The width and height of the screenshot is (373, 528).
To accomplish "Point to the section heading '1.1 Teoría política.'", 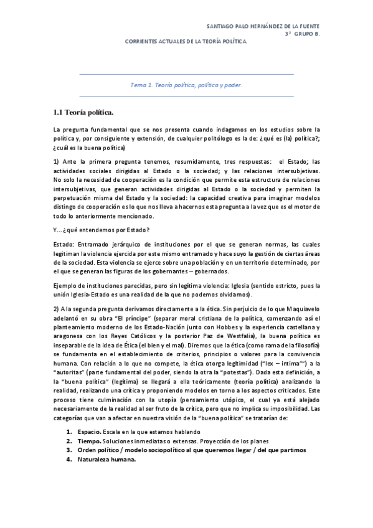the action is coord(83,112).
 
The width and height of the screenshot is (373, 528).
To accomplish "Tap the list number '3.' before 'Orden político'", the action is coord(70,450).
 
